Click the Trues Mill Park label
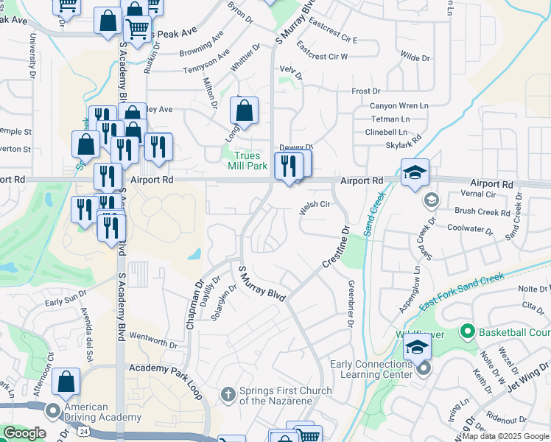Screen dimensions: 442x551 pyautogui.click(x=250, y=161)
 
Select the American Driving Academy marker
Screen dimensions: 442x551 pyautogui.click(x=53, y=410)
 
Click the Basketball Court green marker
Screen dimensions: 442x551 pyautogui.click(x=466, y=331)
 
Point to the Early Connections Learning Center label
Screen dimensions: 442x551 pyautogui.click(x=371, y=368)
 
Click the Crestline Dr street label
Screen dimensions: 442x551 pyautogui.click(x=334, y=250)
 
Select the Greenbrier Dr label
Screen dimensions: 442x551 pyautogui.click(x=351, y=304)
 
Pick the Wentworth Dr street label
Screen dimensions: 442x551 pyautogui.click(x=153, y=340)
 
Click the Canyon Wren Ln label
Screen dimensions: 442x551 pyautogui.click(x=399, y=105)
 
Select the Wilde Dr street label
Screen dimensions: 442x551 pyautogui.click(x=415, y=57)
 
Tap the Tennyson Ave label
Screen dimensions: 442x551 pyautogui.click(x=206, y=62)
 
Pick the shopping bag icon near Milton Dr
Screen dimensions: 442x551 pyautogui.click(x=244, y=112)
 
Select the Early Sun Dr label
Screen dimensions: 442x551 pyautogui.click(x=65, y=301)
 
